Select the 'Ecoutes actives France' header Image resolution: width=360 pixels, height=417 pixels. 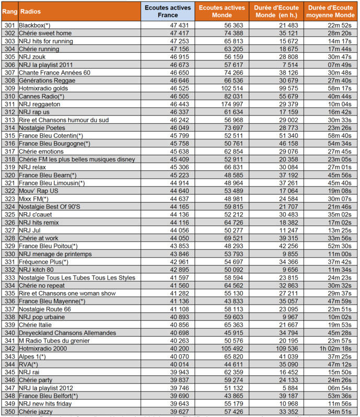(x=167, y=11)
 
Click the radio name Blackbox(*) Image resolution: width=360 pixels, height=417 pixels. (x=34, y=25)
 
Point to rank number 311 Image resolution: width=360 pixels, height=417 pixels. (x=9, y=104)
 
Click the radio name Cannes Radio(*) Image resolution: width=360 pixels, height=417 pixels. (x=41, y=96)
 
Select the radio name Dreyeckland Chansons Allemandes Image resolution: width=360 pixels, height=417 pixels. (x=67, y=333)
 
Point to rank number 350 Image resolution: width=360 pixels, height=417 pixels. (x=9, y=411)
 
